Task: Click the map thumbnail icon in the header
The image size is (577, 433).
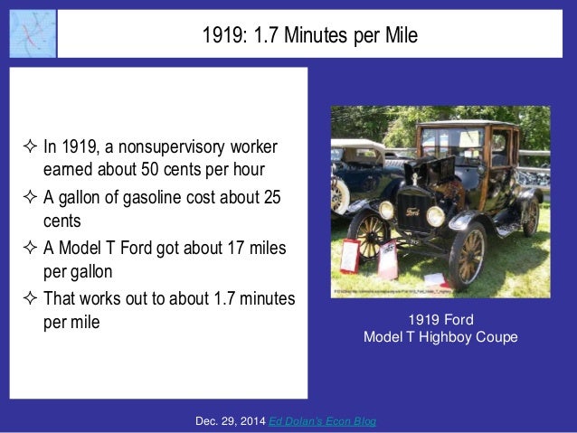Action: pos(32,33)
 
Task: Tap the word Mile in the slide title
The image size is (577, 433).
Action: pos(399,35)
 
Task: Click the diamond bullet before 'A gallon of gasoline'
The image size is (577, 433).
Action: pos(26,200)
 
